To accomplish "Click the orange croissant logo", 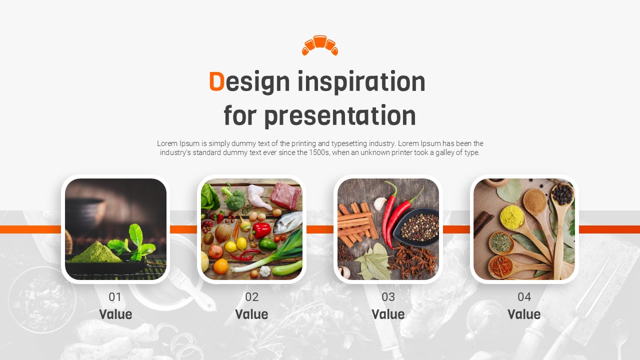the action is (x=320, y=45).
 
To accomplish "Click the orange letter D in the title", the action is (x=216, y=81).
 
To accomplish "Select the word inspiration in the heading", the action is (x=361, y=82).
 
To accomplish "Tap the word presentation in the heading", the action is (x=340, y=116).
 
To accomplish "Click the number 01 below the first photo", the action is (x=115, y=297).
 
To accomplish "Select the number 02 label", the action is (x=251, y=297).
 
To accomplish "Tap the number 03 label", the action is (x=388, y=297).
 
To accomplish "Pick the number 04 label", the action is (x=524, y=297).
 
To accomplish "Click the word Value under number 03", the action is (x=388, y=314).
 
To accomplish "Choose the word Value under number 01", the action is (x=115, y=314).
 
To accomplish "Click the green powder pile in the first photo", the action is (x=96, y=252).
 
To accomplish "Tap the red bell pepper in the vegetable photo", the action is (x=261, y=230).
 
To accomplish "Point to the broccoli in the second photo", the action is (x=235, y=199).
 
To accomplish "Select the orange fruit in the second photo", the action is (x=220, y=266).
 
